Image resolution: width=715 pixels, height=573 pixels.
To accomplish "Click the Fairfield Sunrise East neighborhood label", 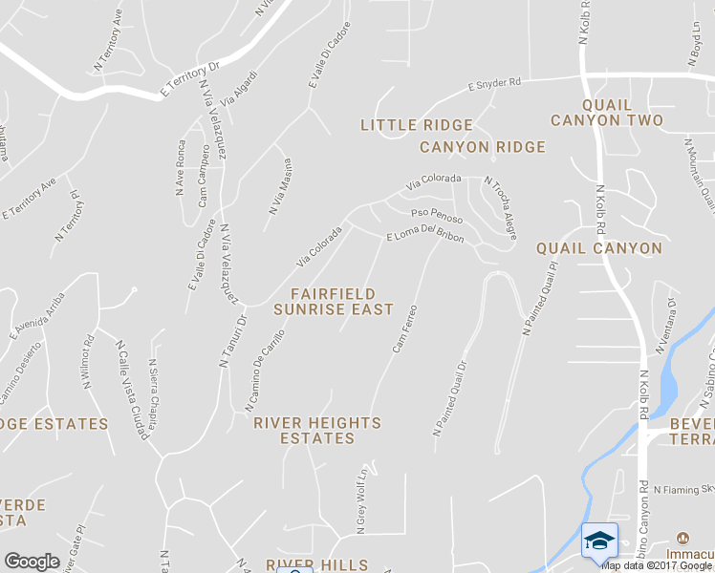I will tap(333, 302).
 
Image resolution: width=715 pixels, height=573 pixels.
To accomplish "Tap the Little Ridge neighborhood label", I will tap(417, 125).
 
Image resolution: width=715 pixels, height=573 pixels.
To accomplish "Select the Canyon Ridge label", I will tap(483, 147).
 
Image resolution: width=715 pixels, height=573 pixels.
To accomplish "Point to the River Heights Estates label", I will tap(317, 431).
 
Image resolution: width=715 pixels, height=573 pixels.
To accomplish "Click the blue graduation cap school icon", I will tap(599, 541).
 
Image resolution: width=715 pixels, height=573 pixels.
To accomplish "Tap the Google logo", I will tap(32, 562).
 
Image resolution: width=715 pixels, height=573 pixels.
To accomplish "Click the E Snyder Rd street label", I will tap(494, 84).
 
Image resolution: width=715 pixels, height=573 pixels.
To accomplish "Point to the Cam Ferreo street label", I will tap(405, 328).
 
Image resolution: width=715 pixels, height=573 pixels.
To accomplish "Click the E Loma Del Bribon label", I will tap(425, 237).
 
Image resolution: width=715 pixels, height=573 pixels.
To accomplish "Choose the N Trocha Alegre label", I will tap(500, 202).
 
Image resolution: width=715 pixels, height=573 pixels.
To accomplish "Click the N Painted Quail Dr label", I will tap(450, 399).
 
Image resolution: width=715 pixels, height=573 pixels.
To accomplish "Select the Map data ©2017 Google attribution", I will tap(658, 565).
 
